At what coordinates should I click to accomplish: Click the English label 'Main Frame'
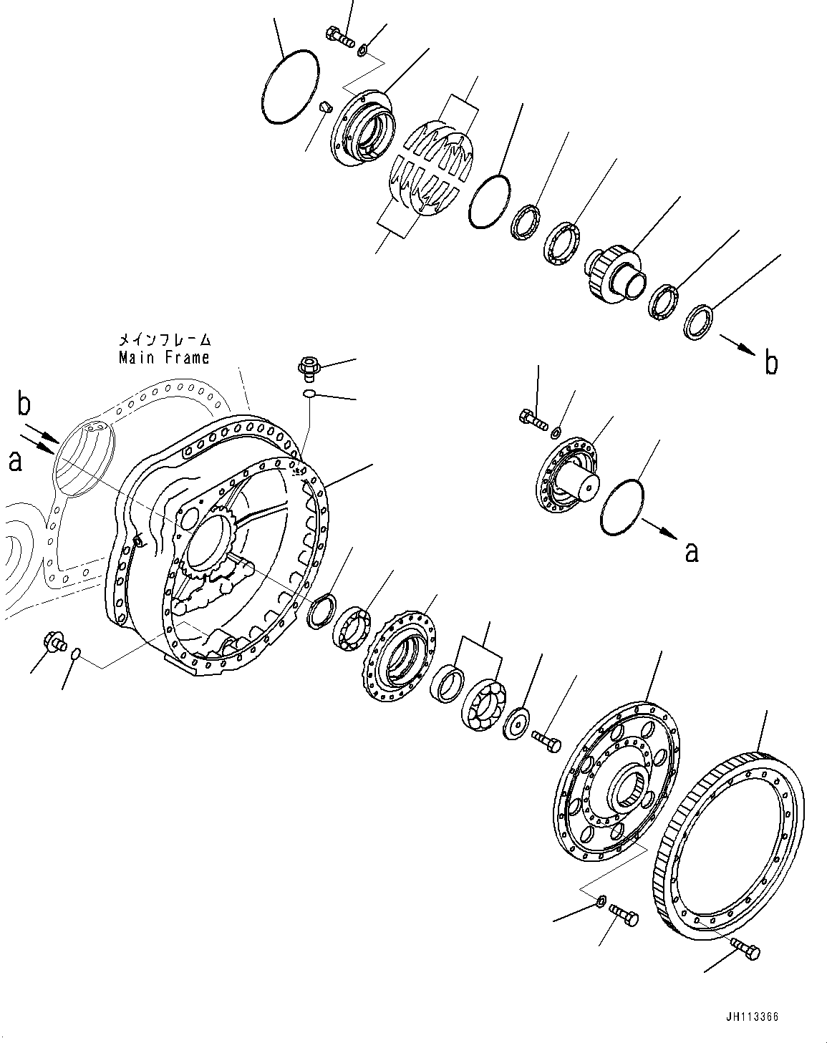tap(164, 356)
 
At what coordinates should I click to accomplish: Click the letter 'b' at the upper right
tap(770, 364)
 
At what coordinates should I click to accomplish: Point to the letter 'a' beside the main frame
tap(14, 460)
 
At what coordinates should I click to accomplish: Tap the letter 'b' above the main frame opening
tap(24, 405)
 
